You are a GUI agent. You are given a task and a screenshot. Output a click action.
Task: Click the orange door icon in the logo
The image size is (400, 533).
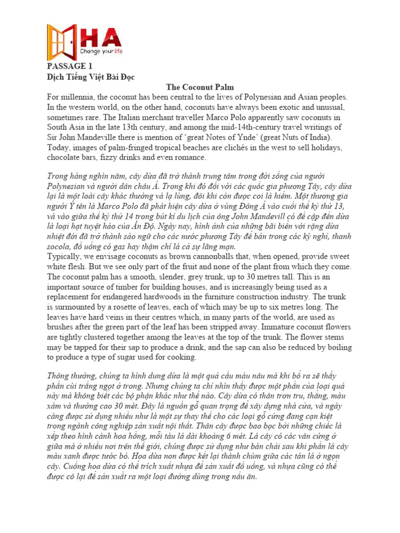61,42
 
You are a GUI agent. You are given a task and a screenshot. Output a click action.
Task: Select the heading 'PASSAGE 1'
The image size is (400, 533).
66,67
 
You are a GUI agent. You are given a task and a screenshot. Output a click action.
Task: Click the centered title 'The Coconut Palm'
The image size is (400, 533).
200,87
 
